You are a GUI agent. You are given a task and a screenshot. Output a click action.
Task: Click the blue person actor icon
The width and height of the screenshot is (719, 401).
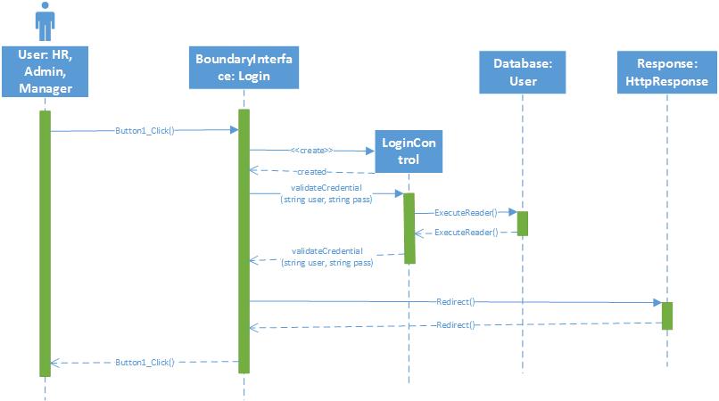[44, 20]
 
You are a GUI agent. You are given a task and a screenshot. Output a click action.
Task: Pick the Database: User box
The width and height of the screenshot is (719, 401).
[522, 71]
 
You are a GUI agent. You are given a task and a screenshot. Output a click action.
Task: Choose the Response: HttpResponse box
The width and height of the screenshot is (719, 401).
[665, 71]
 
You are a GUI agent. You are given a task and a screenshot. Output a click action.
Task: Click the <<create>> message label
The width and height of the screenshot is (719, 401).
[312, 151]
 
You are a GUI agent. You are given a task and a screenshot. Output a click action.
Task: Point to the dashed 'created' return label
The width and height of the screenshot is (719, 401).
[312, 170]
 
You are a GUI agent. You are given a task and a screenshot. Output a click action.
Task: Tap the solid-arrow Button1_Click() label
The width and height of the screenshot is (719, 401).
[145, 130]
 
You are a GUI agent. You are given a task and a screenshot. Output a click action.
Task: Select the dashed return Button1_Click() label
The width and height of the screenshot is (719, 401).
[145, 363]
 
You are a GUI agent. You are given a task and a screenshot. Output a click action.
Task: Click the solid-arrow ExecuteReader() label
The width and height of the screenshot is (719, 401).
[467, 212]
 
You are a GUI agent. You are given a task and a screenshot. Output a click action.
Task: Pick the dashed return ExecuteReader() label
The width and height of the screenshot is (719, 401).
[467, 232]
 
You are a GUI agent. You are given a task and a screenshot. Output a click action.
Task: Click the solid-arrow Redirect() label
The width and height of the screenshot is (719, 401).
[457, 301]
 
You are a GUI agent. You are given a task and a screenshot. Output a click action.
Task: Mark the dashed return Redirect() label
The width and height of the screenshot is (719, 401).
[457, 326]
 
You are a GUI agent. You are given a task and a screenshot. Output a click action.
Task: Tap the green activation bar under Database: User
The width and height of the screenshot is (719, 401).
[522, 223]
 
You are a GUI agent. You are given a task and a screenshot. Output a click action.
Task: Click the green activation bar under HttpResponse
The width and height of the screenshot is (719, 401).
[666, 315]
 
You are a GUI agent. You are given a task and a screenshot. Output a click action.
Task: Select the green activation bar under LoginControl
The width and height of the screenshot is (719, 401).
[409, 227]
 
